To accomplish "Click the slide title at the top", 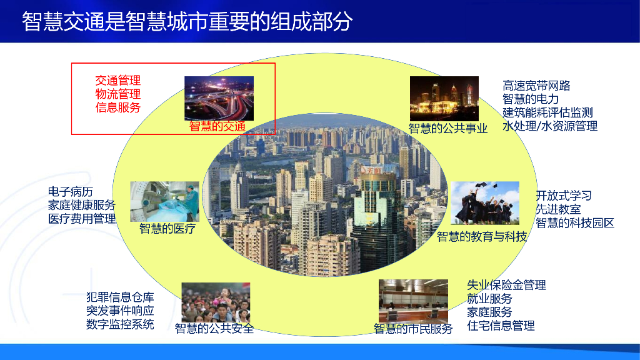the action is coord(187,21).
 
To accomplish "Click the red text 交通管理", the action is coord(118,81).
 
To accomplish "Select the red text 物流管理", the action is coord(118,94).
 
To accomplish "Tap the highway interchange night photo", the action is coord(219,98).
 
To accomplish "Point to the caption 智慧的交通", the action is coord(217,126).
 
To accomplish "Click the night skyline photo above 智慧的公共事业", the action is coord(444,98).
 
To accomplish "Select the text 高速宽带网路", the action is coord(536,86).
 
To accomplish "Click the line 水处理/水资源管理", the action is coord(550,126).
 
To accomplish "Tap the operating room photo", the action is coord(165,202).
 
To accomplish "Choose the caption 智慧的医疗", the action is coord(167,229).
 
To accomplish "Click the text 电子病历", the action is coord(70,191).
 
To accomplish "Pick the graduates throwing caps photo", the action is coord(485,203).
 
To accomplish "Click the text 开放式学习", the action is coord(564,196).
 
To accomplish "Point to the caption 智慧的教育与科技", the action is coord(482,237).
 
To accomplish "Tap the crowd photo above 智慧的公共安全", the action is coord(216,302).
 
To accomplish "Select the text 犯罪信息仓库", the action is coord(120,297).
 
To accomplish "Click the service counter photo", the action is coord(413,301).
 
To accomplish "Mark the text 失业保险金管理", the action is coord(506,285).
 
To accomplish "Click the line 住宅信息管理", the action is coord(501,326).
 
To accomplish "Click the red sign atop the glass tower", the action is coord(372,170).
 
